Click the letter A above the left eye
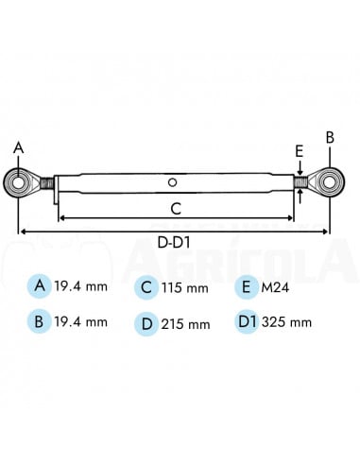coord(16,148)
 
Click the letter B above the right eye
coord(330,137)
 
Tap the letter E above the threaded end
coord(299,151)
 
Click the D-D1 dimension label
coord(176,243)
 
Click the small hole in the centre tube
coord(172,181)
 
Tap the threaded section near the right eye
coord(300,181)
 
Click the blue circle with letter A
coord(38,285)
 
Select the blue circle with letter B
coord(38,322)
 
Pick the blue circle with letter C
coord(146,286)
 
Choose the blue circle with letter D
coord(146,323)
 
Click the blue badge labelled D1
coord(247,322)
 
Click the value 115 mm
coord(186,287)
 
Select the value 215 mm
coord(186,324)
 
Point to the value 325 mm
coord(288,323)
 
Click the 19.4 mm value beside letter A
coord(81,285)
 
